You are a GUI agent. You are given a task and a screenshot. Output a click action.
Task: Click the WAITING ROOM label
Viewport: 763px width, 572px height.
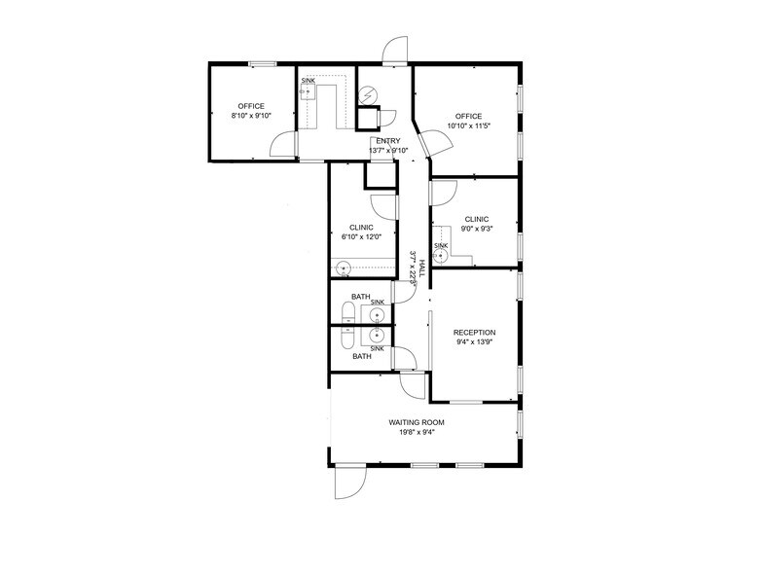[417, 422]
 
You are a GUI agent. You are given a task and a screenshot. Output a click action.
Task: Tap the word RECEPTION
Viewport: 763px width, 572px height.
[474, 333]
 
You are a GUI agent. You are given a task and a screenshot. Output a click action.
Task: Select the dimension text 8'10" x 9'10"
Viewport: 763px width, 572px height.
[251, 116]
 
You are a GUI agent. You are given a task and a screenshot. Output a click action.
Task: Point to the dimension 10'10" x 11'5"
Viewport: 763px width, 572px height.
[468, 126]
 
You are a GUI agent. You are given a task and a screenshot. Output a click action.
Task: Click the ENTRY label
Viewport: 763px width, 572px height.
[387, 141]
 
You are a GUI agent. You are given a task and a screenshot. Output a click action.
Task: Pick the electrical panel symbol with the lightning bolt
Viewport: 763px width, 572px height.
[369, 95]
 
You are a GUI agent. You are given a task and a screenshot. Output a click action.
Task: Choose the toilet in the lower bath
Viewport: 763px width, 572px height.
[346, 338]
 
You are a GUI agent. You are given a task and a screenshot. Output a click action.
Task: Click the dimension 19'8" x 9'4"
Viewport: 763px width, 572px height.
[417, 433]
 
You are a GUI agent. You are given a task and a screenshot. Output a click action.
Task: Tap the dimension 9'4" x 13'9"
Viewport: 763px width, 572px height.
[474, 343]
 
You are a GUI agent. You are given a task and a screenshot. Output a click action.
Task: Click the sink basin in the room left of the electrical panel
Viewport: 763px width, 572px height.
[307, 93]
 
